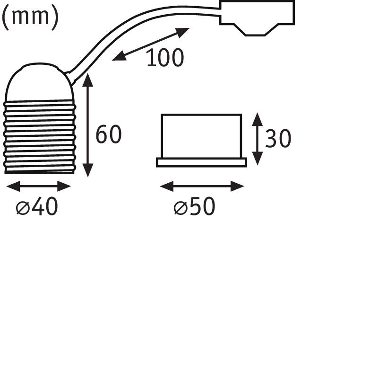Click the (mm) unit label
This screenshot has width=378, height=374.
coord(30,17)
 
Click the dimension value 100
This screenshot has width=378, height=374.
coord(165,57)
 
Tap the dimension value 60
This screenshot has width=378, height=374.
coord(109,134)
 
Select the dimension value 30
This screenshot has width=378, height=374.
coord(278,138)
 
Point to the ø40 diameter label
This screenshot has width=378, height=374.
coord(37,206)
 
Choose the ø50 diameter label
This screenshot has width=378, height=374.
coord(194,206)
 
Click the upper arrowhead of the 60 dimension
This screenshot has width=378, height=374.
coord(88,80)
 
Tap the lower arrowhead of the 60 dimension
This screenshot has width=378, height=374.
coord(88,170)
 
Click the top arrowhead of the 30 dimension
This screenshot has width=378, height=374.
coord(258,119)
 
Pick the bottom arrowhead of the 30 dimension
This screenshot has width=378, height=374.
coord(258,159)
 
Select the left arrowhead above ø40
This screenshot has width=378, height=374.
coord(13,186)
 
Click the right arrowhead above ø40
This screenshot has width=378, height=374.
coord(64,186)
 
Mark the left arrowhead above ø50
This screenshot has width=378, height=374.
coord(167,186)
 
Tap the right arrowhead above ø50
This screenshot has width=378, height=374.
coord(238,186)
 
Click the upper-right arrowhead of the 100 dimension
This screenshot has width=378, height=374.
coord(183,32)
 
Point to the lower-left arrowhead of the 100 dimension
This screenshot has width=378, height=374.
coord(120,56)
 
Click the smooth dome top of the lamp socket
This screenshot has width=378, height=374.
coord(39,82)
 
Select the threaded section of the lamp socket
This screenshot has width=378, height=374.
coord(40,136)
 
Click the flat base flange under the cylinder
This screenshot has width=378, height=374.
coord(202,162)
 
